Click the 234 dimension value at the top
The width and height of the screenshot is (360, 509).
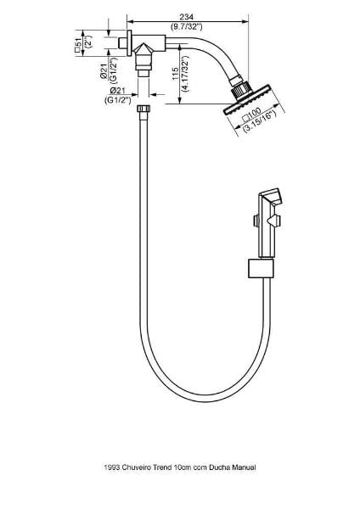pyautogui.click(x=187, y=17)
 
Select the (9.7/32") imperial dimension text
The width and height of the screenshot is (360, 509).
pyautogui.click(x=187, y=26)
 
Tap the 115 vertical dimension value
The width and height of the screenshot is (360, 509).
pyautogui.click(x=176, y=75)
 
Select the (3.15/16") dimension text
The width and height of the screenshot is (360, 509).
pyautogui.click(x=259, y=121)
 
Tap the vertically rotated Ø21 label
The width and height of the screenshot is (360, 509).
pyautogui.click(x=104, y=71)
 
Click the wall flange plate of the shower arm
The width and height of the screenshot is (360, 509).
pyautogui.click(x=129, y=43)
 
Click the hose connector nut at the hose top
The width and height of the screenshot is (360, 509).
pyautogui.click(x=143, y=109)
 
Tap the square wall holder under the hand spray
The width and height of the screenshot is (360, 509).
pyautogui.click(x=261, y=268)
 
